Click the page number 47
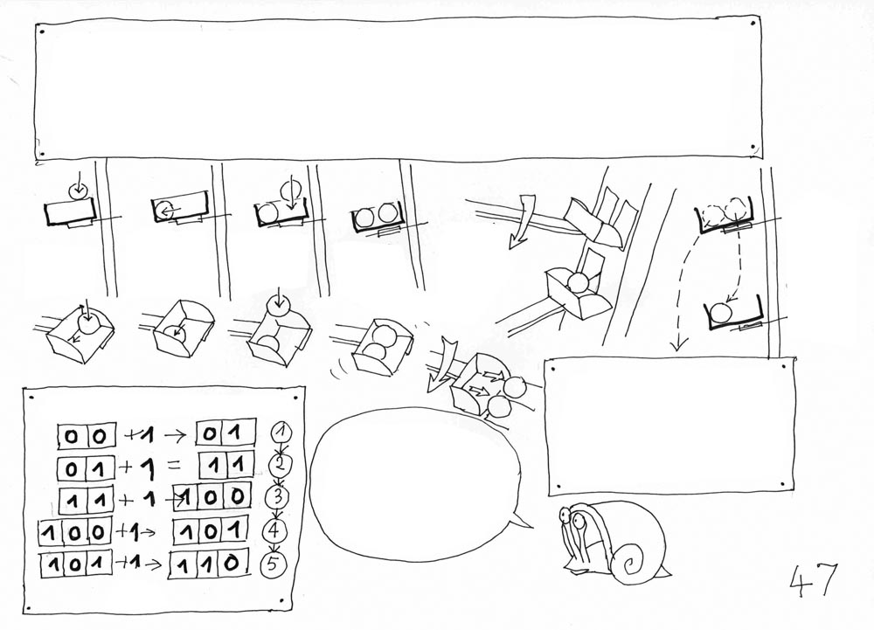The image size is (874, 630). [814, 579]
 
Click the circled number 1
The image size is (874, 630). [282, 433]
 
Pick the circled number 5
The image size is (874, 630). [273, 564]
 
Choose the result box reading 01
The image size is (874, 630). [225, 433]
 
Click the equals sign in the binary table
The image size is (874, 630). [173, 466]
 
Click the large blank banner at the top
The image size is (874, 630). [398, 90]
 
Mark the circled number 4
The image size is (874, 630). [274, 531]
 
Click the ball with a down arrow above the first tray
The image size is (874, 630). [78, 190]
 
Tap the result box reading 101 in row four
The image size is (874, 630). [210, 530]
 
